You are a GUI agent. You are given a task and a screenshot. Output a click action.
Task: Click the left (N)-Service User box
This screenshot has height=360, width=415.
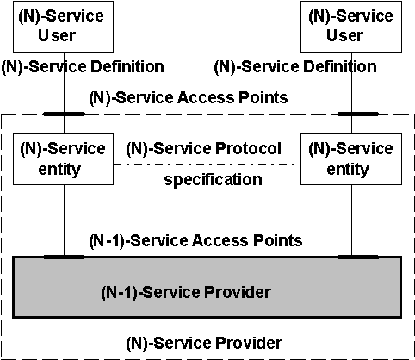63,27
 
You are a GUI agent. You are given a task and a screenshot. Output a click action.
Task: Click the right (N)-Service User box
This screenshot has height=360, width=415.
351,27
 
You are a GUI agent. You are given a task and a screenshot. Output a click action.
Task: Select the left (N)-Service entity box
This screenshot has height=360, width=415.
63,159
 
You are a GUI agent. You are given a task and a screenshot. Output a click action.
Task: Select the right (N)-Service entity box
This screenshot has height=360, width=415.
351,159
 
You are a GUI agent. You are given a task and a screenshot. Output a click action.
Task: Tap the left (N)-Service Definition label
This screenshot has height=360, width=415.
83,67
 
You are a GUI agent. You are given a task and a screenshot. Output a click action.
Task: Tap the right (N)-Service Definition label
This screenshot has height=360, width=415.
295,67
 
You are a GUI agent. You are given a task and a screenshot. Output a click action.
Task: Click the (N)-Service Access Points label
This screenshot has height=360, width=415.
189,98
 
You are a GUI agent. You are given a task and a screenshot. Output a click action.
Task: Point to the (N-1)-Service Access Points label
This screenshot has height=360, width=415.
195,240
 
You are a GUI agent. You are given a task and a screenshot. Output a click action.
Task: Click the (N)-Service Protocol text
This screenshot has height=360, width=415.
204,149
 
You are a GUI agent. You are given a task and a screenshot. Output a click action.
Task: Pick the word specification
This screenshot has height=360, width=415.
213,180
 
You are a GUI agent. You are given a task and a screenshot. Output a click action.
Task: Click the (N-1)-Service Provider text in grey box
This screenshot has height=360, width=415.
186,293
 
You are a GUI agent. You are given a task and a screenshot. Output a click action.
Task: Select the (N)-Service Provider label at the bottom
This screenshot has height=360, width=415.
204,344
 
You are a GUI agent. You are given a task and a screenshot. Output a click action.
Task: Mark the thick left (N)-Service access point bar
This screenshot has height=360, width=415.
64,114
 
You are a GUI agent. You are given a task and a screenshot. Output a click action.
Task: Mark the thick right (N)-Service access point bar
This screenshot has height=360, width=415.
358,114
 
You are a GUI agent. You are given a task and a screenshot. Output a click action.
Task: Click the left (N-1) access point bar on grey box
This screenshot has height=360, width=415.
64,257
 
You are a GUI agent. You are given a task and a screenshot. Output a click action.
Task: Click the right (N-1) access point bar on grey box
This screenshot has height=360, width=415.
358,257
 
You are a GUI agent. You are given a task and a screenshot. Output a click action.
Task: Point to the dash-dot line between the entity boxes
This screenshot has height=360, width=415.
207,164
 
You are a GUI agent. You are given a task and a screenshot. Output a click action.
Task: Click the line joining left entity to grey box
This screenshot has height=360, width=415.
64,220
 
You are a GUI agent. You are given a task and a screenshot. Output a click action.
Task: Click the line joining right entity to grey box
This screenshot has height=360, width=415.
352,220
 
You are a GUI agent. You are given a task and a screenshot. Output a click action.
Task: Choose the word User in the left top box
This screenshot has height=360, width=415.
57,35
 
